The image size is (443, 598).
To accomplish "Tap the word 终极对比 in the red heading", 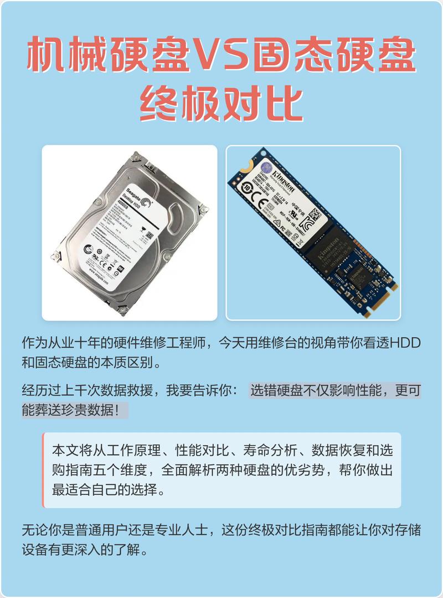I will pyautogui.click(x=221, y=103).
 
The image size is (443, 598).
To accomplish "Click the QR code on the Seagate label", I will pyautogui.click(x=149, y=236).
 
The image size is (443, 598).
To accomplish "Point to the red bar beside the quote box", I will pyautogui.click(x=43, y=470).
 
